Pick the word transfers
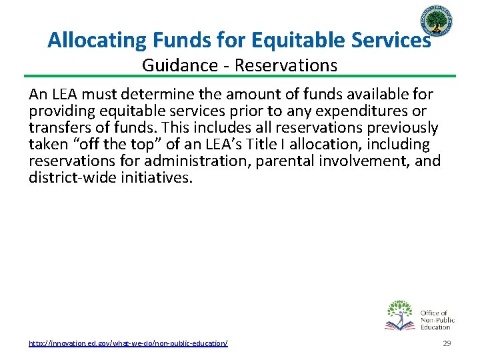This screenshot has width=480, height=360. pyautogui.click(x=58, y=127)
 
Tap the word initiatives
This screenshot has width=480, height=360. pyautogui.click(x=155, y=177)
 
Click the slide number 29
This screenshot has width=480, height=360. pyautogui.click(x=447, y=343)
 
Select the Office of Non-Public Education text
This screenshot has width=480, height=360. pyautogui.click(x=437, y=319)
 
